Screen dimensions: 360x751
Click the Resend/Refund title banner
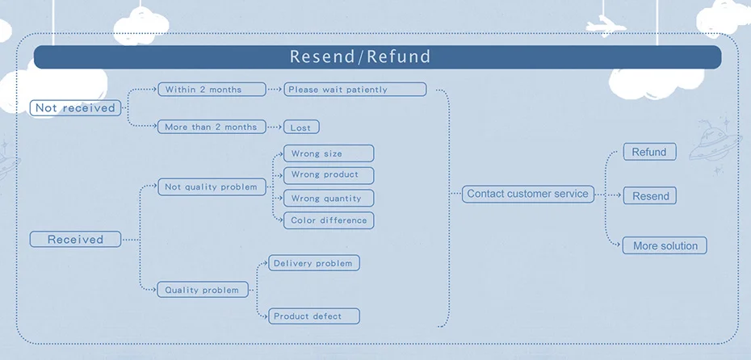pyautogui.click(x=377, y=57)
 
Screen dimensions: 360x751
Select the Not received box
pyautogui.click(x=75, y=108)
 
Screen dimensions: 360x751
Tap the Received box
pyautogui.click(x=75, y=240)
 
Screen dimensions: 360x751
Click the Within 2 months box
pyautogui.click(x=212, y=90)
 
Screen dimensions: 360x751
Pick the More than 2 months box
pyautogui.click(x=212, y=128)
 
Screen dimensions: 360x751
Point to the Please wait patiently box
pyautogui.click(x=355, y=90)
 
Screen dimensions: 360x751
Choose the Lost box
pyautogui.click(x=301, y=128)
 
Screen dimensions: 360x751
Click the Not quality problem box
pyautogui.click(x=212, y=187)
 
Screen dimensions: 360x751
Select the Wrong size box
pyautogui.click(x=328, y=153)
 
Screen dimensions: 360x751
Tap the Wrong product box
pyautogui.click(x=328, y=174)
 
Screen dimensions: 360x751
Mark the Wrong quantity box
pyautogui.click(x=328, y=199)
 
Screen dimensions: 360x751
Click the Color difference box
pyautogui.click(x=328, y=220)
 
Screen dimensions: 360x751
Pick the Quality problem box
pyautogui.click(x=203, y=290)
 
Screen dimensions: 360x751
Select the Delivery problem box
pyautogui.click(x=313, y=263)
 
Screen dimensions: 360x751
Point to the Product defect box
pyautogui.click(x=313, y=316)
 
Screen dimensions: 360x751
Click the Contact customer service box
pyautogui.click(x=528, y=194)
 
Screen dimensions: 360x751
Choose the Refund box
pyautogui.click(x=649, y=153)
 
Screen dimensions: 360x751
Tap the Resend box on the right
pyautogui.click(x=651, y=196)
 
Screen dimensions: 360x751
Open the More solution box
pyautogui.click(x=665, y=246)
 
